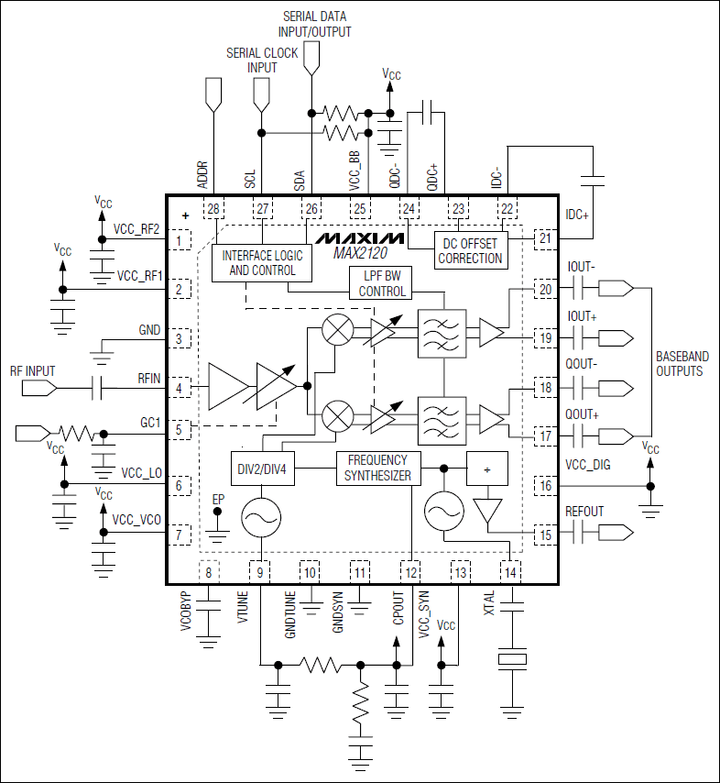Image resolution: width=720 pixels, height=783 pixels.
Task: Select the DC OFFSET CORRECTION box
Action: (x=470, y=250)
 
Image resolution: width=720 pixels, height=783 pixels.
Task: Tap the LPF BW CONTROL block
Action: (x=380, y=283)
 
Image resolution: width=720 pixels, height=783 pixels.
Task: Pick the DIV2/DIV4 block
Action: (x=262, y=468)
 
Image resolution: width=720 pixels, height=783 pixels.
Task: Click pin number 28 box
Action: (x=213, y=210)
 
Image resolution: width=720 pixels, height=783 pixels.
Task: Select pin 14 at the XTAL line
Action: (x=510, y=572)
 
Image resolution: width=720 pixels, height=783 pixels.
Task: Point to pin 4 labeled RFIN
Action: (x=180, y=388)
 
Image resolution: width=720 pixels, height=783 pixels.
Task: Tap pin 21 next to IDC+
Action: (x=545, y=239)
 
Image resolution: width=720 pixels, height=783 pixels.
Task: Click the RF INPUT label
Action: (x=33, y=371)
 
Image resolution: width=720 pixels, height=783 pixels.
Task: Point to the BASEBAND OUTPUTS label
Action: (x=679, y=364)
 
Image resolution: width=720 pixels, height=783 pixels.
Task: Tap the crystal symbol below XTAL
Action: (x=510, y=660)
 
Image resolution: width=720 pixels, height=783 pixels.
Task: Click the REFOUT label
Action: (x=585, y=512)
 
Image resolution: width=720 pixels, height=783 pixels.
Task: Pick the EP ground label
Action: (x=218, y=499)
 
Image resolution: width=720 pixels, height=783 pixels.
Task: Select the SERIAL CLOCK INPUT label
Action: (x=262, y=61)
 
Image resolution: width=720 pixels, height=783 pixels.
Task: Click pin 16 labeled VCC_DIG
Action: (x=545, y=486)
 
